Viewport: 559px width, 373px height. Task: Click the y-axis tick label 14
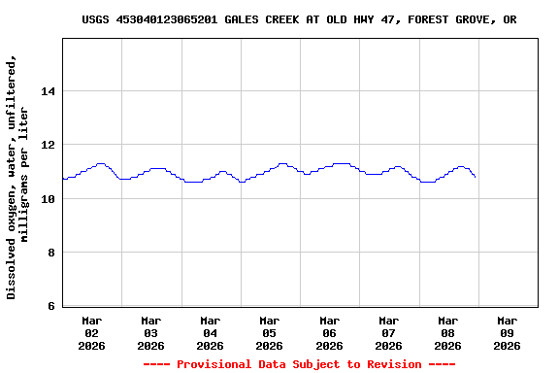(48, 91)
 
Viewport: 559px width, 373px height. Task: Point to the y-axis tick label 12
(48, 145)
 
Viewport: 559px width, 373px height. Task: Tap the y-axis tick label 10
(48, 199)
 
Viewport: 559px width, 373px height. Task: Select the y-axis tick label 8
(50, 253)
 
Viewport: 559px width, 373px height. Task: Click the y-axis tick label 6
(50, 307)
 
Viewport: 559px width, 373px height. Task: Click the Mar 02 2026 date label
(92, 332)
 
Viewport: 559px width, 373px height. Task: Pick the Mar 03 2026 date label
(151, 332)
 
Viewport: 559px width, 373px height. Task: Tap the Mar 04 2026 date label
(211, 332)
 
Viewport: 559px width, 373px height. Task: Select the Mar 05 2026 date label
(270, 332)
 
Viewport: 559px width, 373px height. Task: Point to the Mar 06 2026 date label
(329, 332)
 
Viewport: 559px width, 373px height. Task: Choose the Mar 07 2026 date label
(388, 332)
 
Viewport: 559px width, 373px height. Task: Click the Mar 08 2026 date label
(447, 332)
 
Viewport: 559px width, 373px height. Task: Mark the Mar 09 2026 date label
(507, 332)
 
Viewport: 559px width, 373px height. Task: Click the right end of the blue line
(475, 177)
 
